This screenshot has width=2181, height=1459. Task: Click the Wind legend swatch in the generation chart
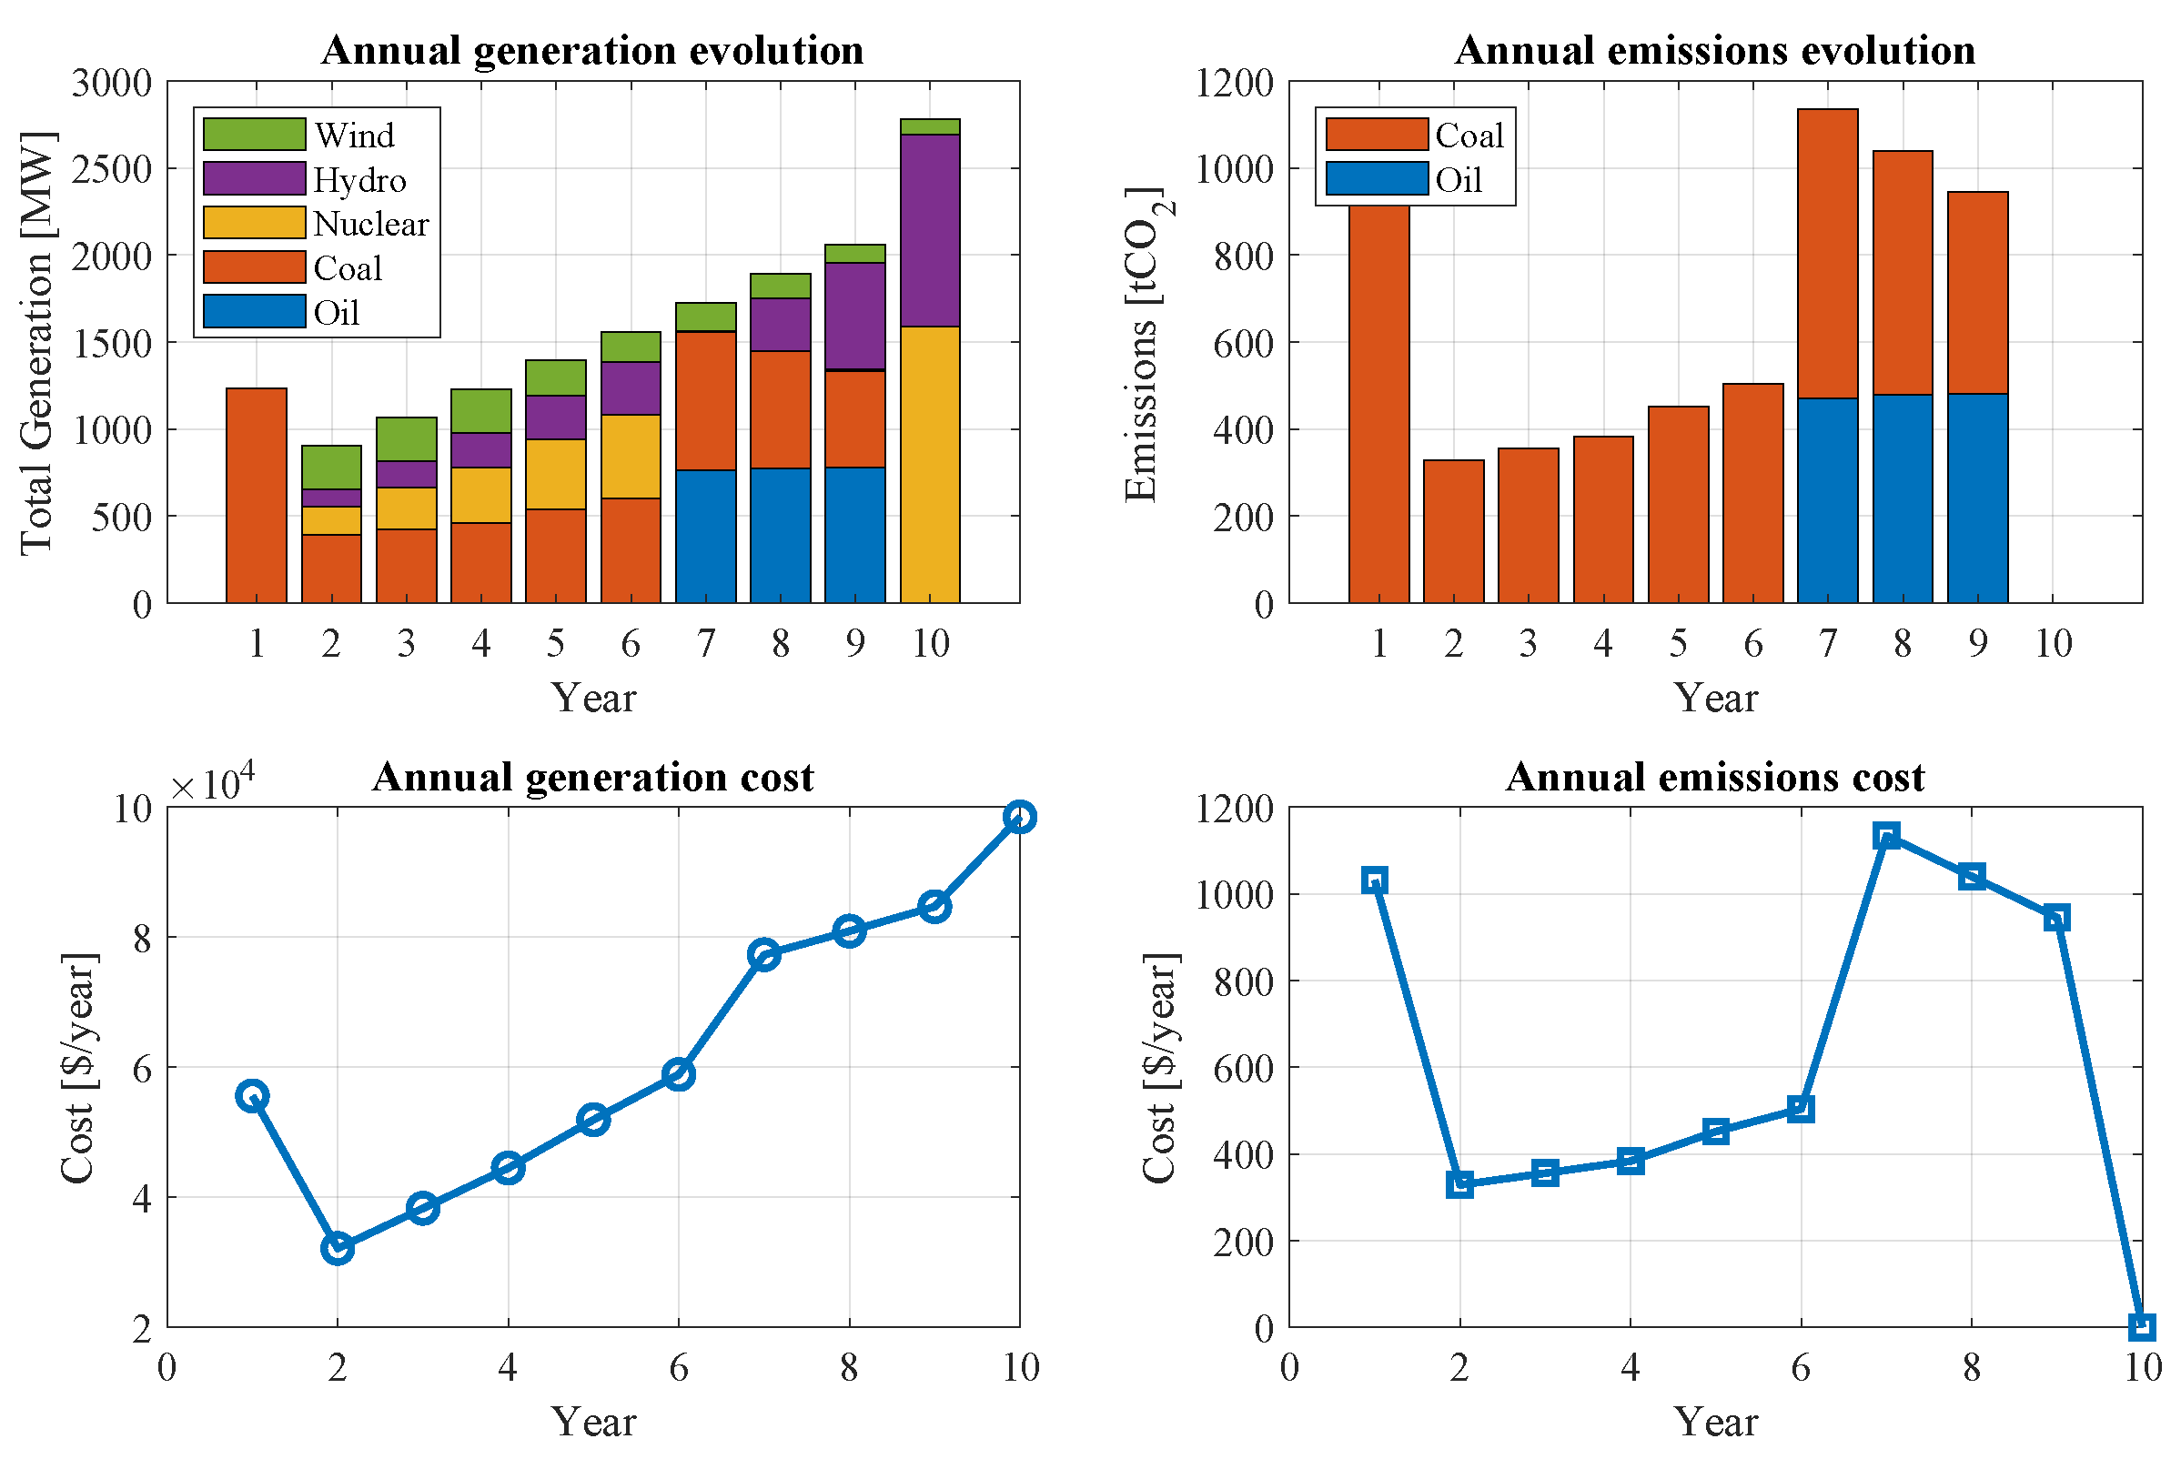(254, 134)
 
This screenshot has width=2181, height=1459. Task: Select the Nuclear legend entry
(370, 224)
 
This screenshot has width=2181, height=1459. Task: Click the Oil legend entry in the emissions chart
(1458, 179)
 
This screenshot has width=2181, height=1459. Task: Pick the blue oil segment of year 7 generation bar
(705, 536)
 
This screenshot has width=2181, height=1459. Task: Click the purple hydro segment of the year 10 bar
(929, 230)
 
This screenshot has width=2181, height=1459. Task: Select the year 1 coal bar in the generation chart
(256, 495)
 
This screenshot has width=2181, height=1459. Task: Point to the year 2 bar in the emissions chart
(1453, 531)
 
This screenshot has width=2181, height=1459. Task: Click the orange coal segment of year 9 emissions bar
(1977, 292)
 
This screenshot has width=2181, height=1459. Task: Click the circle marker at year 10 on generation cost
(1019, 817)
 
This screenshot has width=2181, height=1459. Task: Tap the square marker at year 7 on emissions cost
(1886, 836)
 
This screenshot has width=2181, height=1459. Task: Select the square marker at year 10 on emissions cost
(2142, 1327)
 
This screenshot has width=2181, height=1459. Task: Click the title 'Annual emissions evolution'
(1714, 50)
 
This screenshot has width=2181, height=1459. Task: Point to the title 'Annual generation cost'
(593, 777)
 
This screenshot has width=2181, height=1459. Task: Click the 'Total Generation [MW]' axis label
(37, 343)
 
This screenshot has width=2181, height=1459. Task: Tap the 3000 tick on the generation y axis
(112, 82)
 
